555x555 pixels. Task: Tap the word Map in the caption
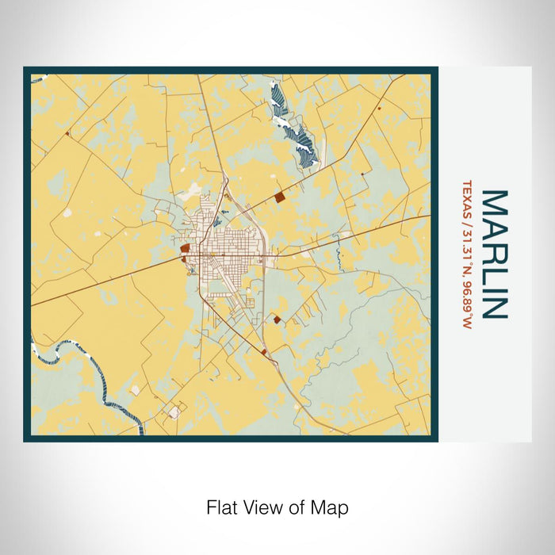click(x=332, y=507)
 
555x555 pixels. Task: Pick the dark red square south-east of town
click(x=277, y=319)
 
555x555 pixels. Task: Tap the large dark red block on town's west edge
click(x=185, y=248)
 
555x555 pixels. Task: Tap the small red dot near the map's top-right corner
click(x=381, y=107)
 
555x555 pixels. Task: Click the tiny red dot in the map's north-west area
click(x=68, y=135)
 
